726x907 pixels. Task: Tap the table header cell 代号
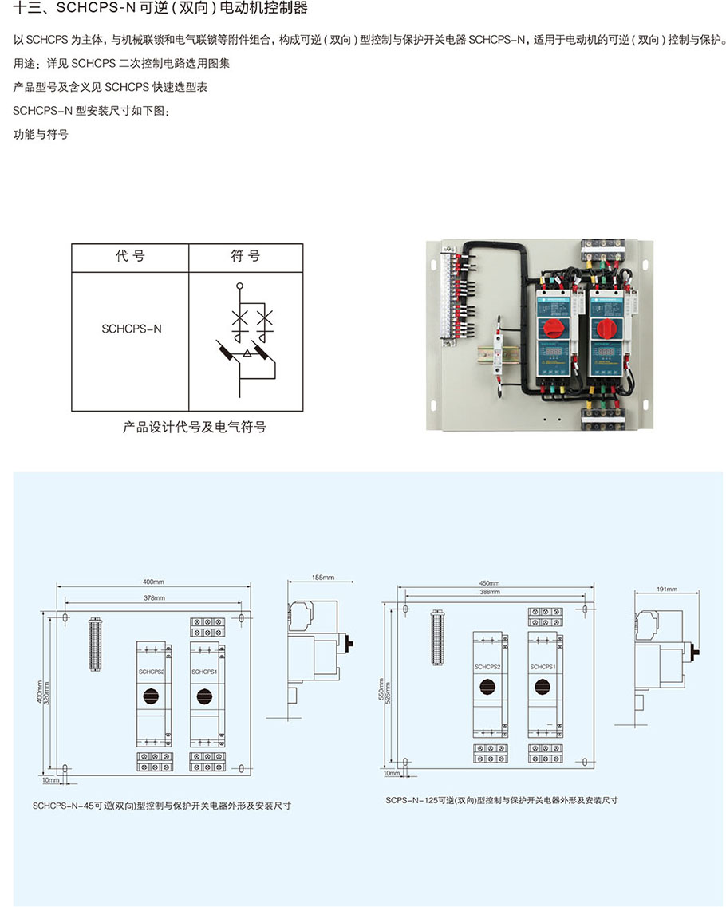coord(130,257)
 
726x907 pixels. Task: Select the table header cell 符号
coord(246,257)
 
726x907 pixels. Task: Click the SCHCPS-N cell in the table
coord(131,329)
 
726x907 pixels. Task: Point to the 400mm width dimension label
coord(153,582)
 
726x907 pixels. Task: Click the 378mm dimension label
coord(153,597)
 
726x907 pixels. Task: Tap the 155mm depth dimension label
coord(322,577)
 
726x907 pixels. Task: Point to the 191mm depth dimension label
coord(665,589)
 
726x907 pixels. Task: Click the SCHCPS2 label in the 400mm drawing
coord(152,672)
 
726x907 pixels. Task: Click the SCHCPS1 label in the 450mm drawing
coord(543,666)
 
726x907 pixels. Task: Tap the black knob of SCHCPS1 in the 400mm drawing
coord(202,697)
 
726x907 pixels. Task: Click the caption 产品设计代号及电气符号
coord(194,428)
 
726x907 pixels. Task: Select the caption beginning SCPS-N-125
coord(501,799)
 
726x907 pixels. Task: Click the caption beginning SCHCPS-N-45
coord(161,806)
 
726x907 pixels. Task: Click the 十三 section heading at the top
coord(160,10)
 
